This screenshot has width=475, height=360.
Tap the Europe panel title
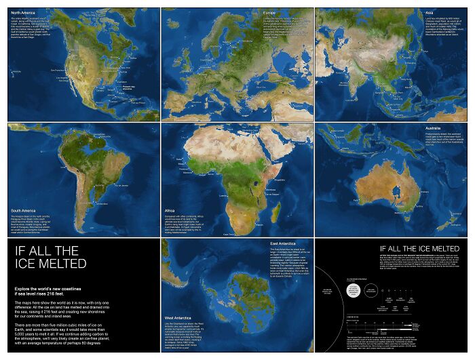[269, 12]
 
